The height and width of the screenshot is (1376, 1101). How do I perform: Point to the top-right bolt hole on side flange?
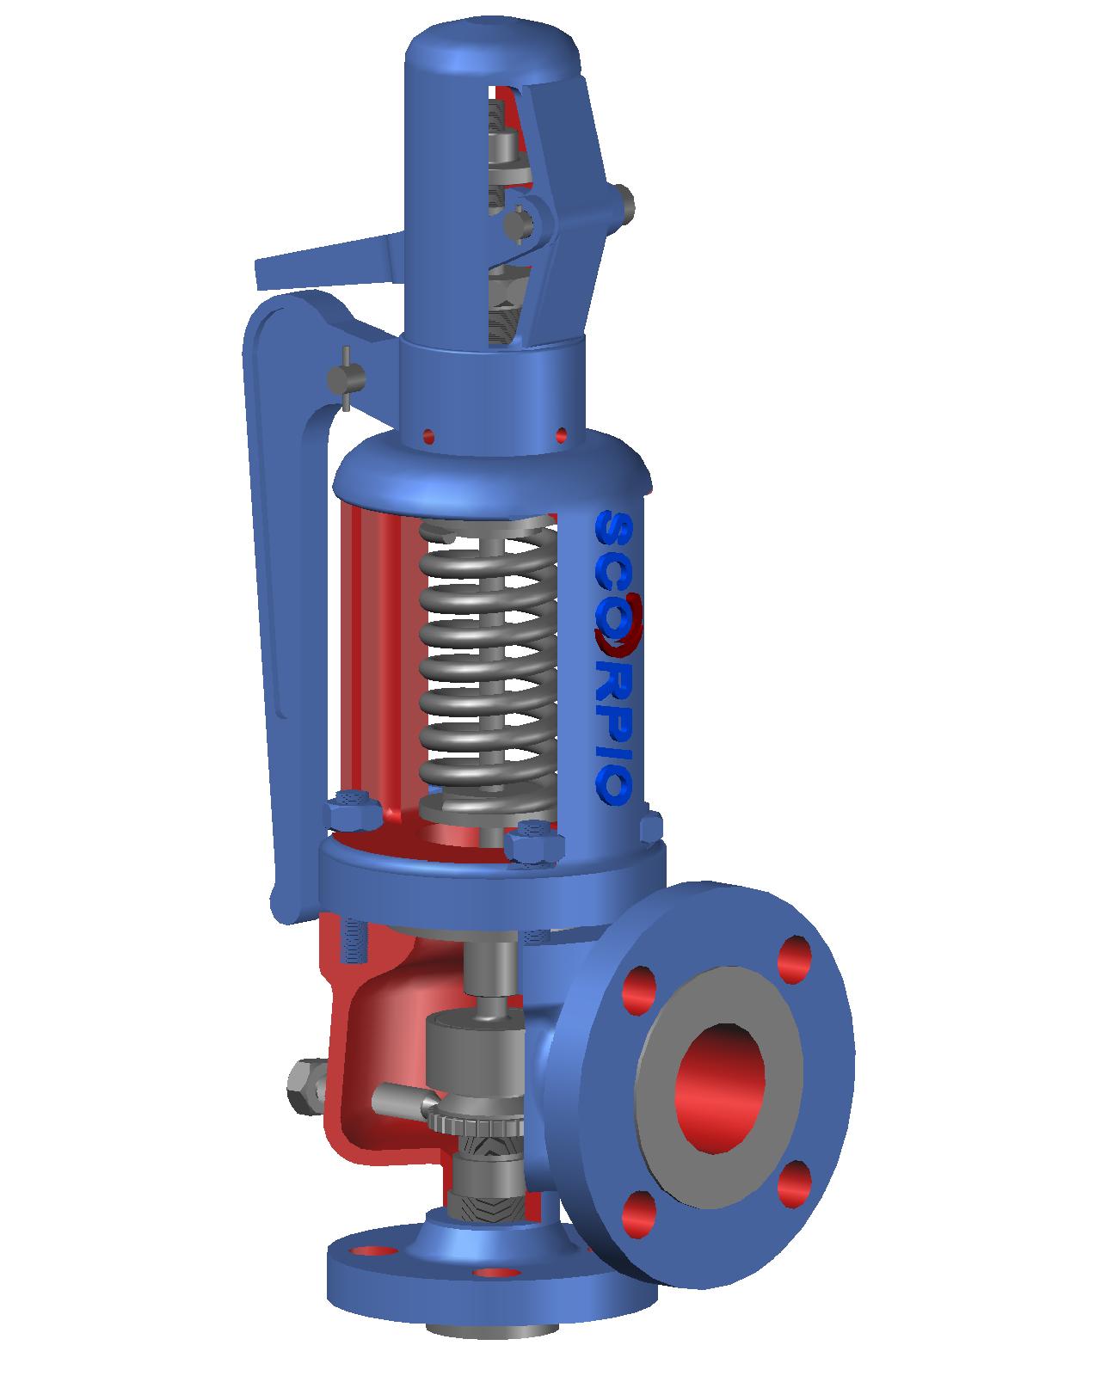[795, 960]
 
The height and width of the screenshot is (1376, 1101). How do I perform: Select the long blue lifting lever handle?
[262, 602]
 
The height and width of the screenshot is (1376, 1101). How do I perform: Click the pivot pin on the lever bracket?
[347, 378]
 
